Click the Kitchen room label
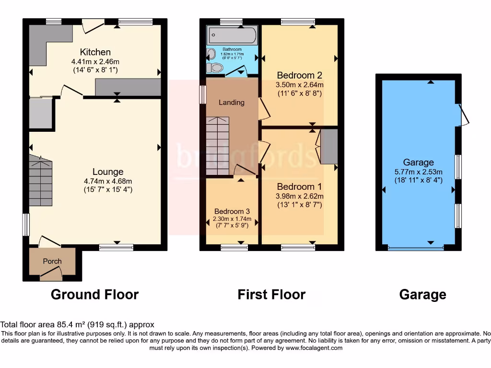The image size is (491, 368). point(95,52)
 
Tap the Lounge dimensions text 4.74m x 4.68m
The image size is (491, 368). point(108,181)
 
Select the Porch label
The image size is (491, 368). point(52,261)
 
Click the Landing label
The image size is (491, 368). point(232,102)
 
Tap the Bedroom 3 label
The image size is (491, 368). point(232,211)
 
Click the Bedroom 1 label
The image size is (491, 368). point(299,186)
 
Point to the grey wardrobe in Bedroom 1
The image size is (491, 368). point(329,147)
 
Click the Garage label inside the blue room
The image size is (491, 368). point(418,162)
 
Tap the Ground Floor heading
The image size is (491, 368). point(94,294)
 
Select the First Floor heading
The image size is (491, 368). point(271,294)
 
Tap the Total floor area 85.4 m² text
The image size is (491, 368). point(77,324)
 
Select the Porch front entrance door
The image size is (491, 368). point(51,274)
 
